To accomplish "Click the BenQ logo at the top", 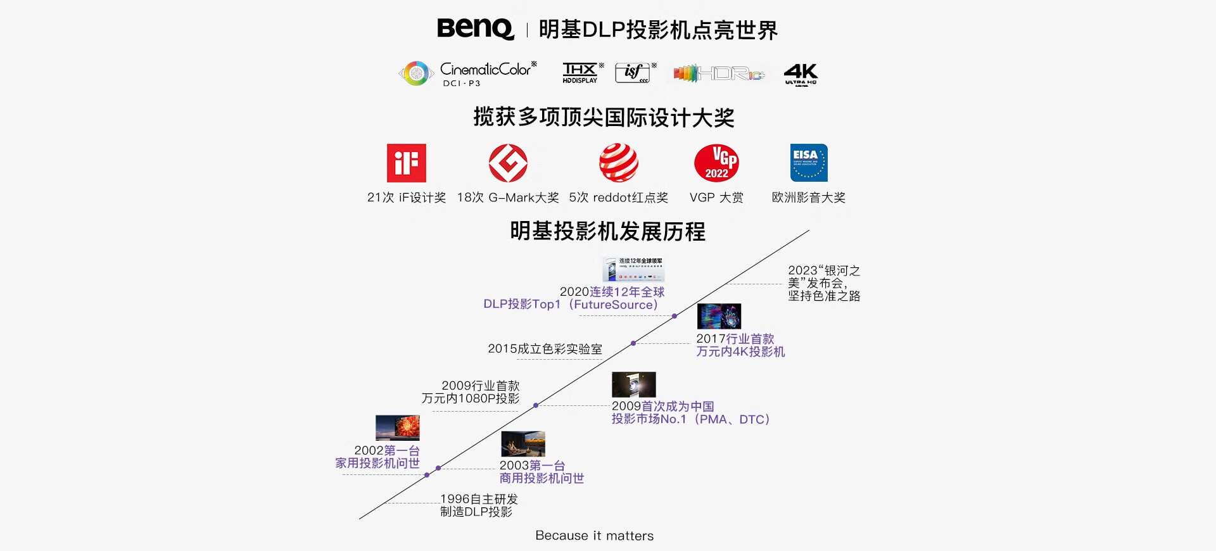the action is [475, 29].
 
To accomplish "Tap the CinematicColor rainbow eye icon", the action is [416, 73].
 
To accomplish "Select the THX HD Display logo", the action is [580, 73].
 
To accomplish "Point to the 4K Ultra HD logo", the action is [801, 73].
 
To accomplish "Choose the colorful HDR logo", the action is [719, 73].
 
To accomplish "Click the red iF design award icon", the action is [407, 163].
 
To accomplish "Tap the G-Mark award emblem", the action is [508, 163].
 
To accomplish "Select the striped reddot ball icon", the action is [619, 163].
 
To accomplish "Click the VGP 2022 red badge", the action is [716, 163].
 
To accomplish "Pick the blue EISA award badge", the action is [809, 163].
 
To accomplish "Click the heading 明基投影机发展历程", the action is [607, 232].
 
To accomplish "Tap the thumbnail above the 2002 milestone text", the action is [398, 427].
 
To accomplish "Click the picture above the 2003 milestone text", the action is [523, 444].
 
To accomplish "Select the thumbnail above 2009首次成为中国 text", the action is [634, 384].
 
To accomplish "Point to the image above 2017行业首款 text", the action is [719, 316].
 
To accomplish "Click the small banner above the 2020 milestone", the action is [633, 269].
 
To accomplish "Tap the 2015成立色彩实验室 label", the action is [545, 349].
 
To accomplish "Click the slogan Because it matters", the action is [594, 536].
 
